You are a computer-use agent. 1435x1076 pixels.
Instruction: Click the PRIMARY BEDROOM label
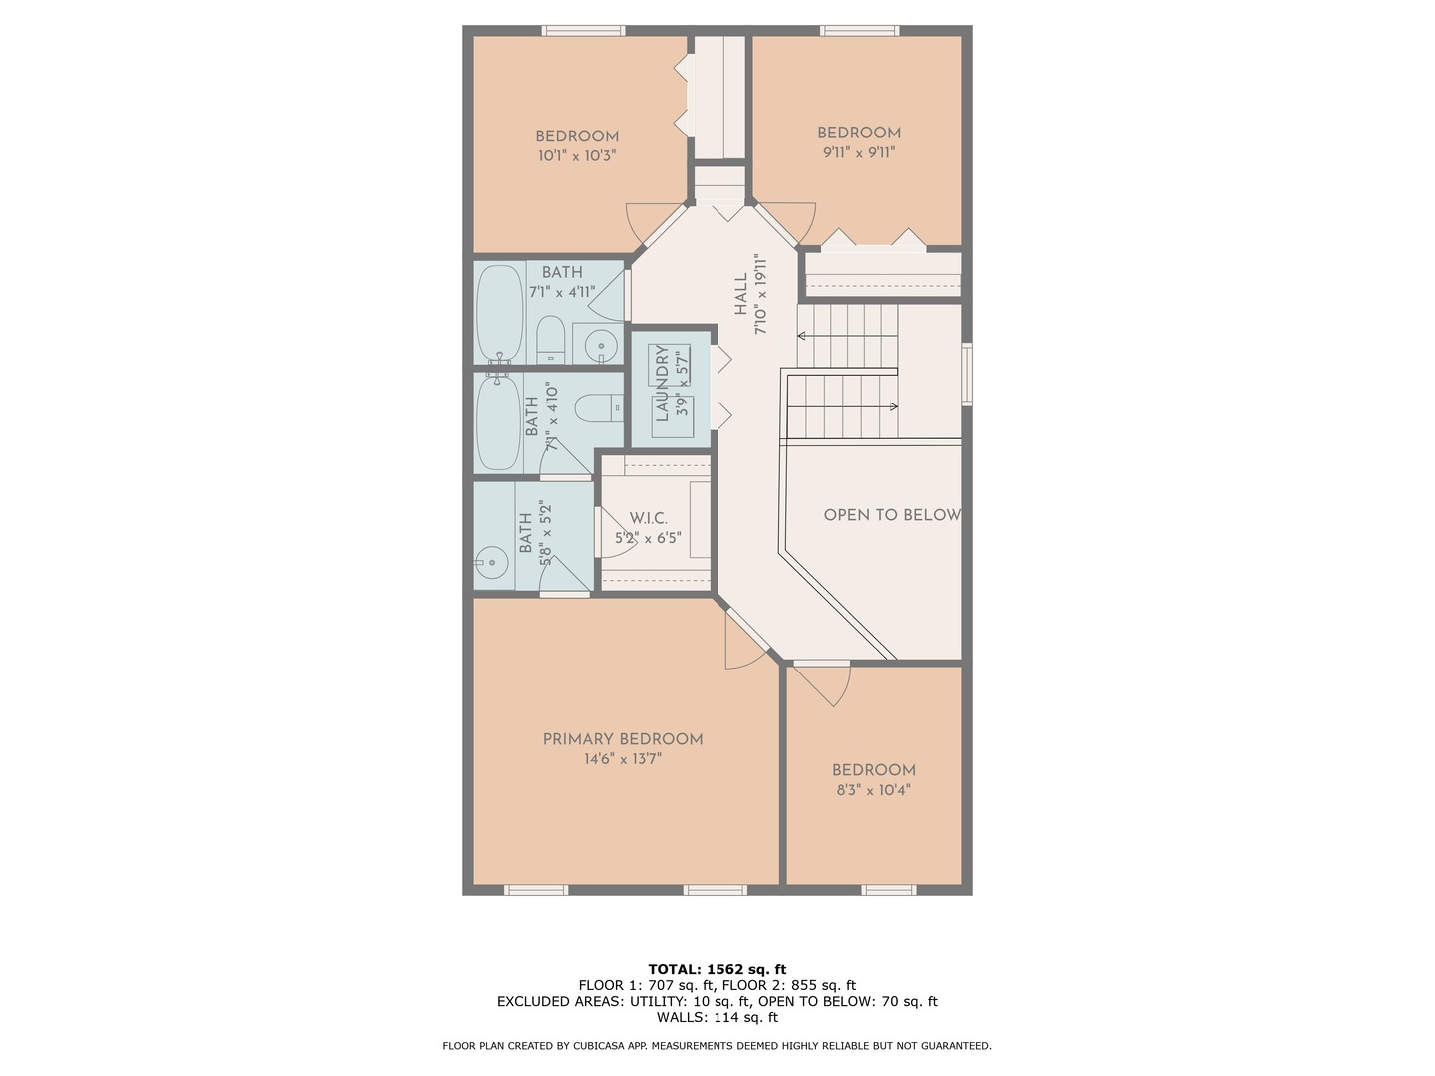[x=623, y=739]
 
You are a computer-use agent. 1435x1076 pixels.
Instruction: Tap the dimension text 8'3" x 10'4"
[x=873, y=791]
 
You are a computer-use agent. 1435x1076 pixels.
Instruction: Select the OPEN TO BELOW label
[x=891, y=515]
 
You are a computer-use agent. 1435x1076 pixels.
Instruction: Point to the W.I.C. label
[x=648, y=518]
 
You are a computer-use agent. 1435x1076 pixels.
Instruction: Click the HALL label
[x=741, y=296]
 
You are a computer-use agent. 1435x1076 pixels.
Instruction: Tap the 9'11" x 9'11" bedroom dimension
[x=858, y=153]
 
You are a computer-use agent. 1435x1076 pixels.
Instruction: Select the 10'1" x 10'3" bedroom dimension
[x=577, y=156]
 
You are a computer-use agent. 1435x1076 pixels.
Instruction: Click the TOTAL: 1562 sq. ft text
[x=717, y=969]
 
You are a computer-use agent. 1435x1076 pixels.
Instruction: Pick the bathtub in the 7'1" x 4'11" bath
[x=499, y=312]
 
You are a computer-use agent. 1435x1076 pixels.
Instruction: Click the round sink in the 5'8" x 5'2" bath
[x=491, y=562]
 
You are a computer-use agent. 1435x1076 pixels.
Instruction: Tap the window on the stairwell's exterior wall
[x=966, y=374]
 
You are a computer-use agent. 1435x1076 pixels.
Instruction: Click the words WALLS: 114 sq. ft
[x=717, y=1017]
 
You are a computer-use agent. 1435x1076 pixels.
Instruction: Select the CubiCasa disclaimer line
[x=717, y=1046]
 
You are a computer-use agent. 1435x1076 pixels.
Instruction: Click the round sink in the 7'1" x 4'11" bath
[x=601, y=347]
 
